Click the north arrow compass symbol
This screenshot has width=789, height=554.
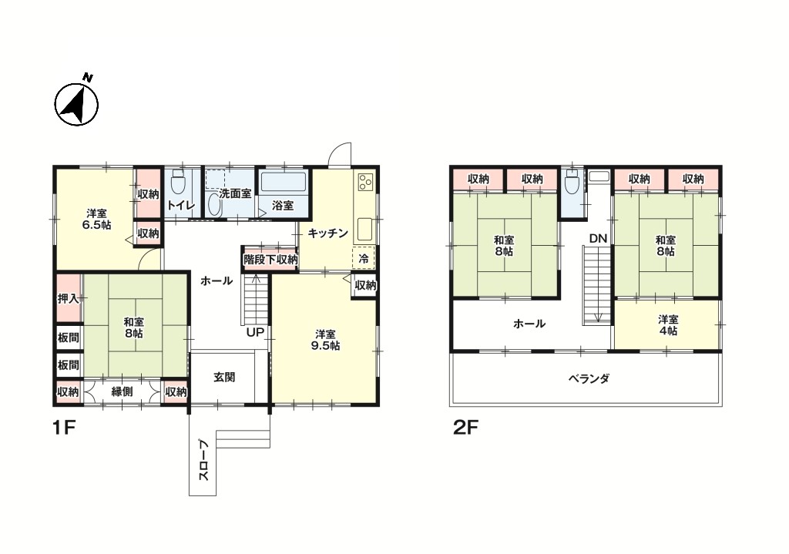(76, 102)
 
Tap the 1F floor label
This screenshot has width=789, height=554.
(64, 428)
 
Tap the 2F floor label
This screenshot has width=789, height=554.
(465, 428)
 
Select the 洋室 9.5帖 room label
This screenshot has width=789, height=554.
(325, 340)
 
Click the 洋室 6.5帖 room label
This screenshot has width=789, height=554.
(96, 219)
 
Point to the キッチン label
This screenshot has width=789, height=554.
(327, 233)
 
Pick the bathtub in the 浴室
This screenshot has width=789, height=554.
(284, 182)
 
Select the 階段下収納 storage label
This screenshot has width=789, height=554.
(270, 260)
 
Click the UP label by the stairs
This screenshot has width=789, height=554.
(254, 333)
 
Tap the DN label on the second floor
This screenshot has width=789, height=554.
(598, 239)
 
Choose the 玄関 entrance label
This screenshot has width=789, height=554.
(224, 377)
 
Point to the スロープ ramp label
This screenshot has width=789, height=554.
(203, 461)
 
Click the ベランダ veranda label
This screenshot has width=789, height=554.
(589, 378)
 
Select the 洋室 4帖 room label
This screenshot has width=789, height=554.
(668, 325)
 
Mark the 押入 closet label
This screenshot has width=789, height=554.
(68, 298)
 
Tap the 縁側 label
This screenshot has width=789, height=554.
(122, 391)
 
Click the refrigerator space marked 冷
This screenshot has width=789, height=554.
(364, 259)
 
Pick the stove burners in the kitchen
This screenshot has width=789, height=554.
(364, 182)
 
